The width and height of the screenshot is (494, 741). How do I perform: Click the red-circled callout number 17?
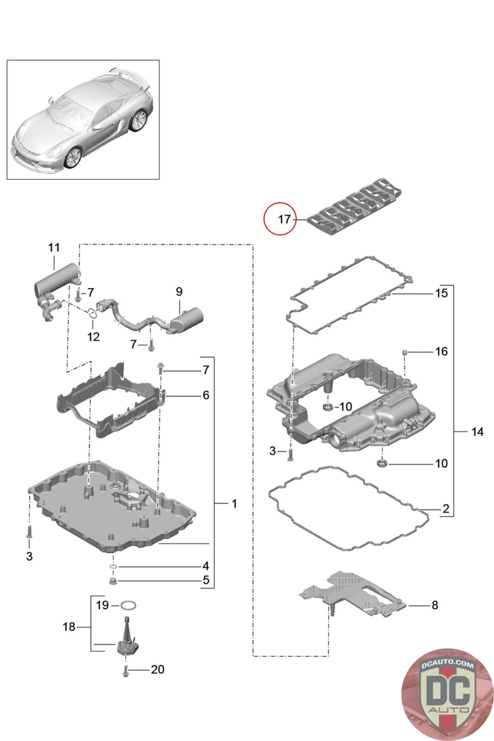coord(284,219)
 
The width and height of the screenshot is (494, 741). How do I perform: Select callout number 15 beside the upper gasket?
coord(441,293)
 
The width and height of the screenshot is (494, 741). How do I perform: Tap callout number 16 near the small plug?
coord(441,352)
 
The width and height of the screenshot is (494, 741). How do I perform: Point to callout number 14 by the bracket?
coord(477,432)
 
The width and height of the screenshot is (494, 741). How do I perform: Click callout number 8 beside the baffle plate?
coord(435,605)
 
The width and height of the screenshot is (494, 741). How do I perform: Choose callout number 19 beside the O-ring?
coord(102,605)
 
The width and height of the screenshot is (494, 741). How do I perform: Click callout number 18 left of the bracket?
coord(69,627)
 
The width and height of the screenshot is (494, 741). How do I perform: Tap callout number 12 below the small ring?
coord(93,337)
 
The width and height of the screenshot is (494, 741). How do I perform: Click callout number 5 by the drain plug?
coord(206,580)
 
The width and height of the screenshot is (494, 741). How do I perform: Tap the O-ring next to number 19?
coord(128,606)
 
